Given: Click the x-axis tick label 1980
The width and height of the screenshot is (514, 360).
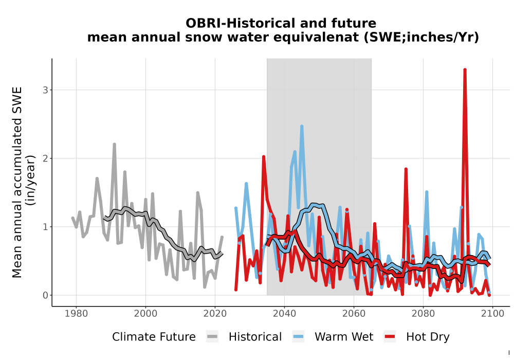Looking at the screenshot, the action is click(76, 314).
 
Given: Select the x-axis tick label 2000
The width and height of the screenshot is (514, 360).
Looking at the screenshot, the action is click(145, 314).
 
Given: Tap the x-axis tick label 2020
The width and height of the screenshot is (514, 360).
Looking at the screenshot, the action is click(215, 314).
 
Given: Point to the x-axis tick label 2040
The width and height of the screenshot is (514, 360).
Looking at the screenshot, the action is click(284, 314).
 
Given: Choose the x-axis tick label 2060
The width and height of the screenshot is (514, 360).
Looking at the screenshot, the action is click(354, 314).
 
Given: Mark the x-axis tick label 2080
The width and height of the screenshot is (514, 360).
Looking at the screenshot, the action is click(423, 314).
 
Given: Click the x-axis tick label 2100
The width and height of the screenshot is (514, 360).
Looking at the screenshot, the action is click(492, 314).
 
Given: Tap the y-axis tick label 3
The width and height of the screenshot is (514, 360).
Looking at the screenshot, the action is click(45, 90).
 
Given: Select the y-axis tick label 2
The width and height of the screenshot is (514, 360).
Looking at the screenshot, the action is click(45, 158).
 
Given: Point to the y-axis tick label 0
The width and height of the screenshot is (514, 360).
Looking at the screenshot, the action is click(45, 295).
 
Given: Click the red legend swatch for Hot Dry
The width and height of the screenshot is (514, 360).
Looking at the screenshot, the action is click(390, 337).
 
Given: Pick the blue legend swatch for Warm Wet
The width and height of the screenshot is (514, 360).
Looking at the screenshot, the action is click(298, 337).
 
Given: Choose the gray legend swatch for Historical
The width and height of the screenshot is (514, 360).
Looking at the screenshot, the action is click(212, 337).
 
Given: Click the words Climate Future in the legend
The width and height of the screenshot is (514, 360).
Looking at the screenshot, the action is click(154, 337).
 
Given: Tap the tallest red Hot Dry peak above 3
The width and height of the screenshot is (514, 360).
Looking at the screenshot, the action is click(465, 70).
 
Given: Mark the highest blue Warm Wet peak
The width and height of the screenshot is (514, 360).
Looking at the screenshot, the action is click(302, 126).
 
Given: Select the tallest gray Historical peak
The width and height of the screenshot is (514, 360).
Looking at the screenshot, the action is click(115, 145).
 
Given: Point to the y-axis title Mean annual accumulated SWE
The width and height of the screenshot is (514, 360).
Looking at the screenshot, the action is click(17, 182).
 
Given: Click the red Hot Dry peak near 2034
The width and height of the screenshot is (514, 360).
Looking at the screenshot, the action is click(264, 157).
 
